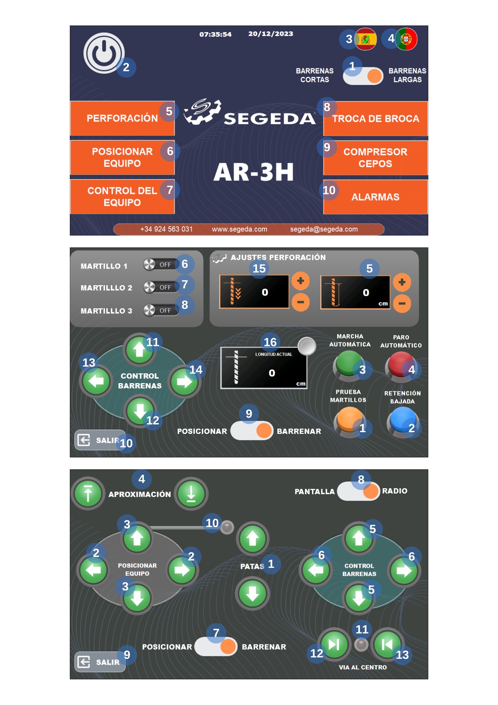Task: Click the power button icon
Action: [104, 53]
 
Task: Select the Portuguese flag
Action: [407, 39]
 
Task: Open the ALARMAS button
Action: [375, 197]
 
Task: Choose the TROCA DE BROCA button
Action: [375, 119]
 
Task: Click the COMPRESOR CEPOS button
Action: [375, 158]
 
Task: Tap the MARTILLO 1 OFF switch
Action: [160, 264]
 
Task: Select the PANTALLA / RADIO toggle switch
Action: [358, 491]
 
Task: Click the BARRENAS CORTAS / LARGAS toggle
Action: [363, 76]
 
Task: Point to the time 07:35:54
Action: [215, 35]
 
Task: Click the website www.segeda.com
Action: [239, 229]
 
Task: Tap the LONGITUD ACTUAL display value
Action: [272, 373]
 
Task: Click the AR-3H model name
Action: [254, 172]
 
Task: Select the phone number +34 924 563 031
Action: [166, 229]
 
